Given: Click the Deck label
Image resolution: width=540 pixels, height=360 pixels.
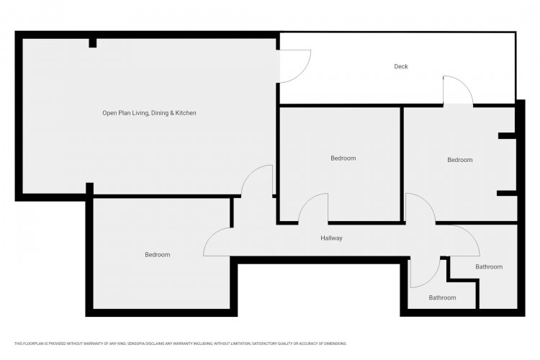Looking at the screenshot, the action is (401, 66).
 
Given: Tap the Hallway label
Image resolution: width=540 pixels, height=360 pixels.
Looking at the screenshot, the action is (331, 238).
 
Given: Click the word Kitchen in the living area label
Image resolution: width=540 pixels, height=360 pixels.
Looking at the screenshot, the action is (186, 113).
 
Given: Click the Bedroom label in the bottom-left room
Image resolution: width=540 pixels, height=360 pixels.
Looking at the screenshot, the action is (158, 255).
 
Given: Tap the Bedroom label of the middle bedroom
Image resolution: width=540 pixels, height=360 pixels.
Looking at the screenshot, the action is (343, 158).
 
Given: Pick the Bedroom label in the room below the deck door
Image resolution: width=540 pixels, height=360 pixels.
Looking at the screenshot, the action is (460, 160).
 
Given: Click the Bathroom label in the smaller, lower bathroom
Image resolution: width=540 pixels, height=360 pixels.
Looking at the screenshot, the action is (442, 297).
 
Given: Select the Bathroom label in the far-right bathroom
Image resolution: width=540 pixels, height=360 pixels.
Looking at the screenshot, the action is (489, 266).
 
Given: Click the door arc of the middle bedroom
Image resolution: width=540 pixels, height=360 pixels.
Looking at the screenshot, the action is (306, 203).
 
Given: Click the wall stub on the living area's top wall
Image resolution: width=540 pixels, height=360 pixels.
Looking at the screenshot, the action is (93, 43).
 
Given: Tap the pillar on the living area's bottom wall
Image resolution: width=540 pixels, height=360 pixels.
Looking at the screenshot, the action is (89, 189).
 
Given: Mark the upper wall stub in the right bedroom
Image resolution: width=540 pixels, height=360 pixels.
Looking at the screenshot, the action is (508, 136).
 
